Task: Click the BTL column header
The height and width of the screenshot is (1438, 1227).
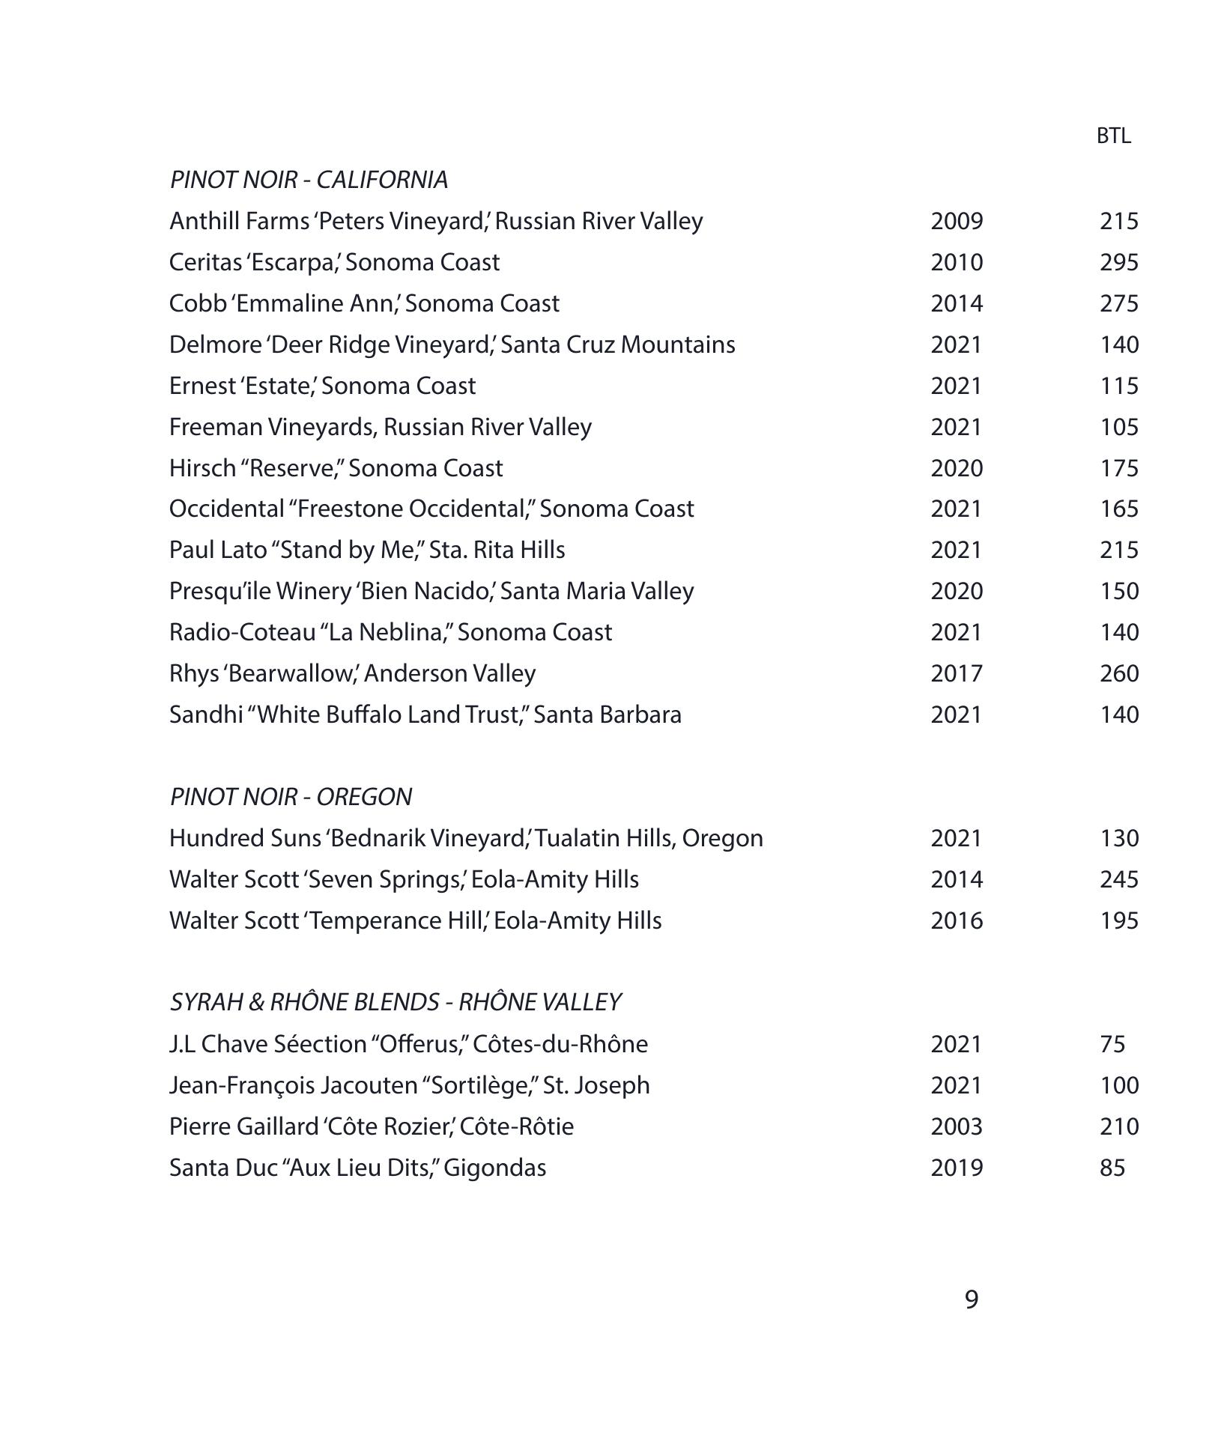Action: (x=1113, y=136)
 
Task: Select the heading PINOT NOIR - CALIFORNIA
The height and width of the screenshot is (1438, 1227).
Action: (x=309, y=180)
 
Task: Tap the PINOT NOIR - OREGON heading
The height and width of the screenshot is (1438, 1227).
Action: (x=291, y=796)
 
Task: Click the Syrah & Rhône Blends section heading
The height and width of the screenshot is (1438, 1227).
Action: (x=396, y=1002)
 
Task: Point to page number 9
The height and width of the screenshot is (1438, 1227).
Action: (x=971, y=1299)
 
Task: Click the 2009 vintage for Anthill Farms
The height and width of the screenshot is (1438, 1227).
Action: (x=957, y=221)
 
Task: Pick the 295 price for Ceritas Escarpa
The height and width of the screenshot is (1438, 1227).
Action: (x=1119, y=262)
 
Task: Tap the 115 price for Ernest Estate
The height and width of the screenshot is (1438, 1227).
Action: (x=1119, y=386)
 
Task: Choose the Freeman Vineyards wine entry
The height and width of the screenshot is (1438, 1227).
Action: (x=381, y=427)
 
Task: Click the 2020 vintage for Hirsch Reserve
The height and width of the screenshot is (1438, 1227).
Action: (x=957, y=468)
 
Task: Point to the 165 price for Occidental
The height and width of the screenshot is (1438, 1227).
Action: (x=1119, y=509)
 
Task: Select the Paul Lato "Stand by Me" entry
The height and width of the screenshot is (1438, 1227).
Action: (x=367, y=550)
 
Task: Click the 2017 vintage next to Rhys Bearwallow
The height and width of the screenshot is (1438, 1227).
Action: (x=957, y=673)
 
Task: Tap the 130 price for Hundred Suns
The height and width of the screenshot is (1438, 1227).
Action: (x=1119, y=837)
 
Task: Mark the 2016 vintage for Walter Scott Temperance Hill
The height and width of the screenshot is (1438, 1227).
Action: (x=957, y=920)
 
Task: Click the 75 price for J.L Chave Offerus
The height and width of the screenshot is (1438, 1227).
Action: (x=1112, y=1043)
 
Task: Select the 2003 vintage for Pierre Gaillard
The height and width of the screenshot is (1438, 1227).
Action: (x=957, y=1126)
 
